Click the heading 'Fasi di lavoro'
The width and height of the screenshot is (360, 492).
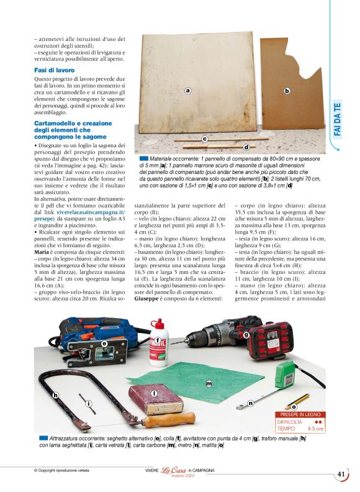(x=55, y=70)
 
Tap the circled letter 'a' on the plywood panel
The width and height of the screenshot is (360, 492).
(x=187, y=90)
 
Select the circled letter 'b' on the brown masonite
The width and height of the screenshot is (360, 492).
(x=287, y=91)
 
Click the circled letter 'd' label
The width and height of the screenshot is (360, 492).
(x=246, y=147)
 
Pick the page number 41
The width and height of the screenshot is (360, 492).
(x=341, y=473)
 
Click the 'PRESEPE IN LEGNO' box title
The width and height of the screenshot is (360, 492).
(x=300, y=414)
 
